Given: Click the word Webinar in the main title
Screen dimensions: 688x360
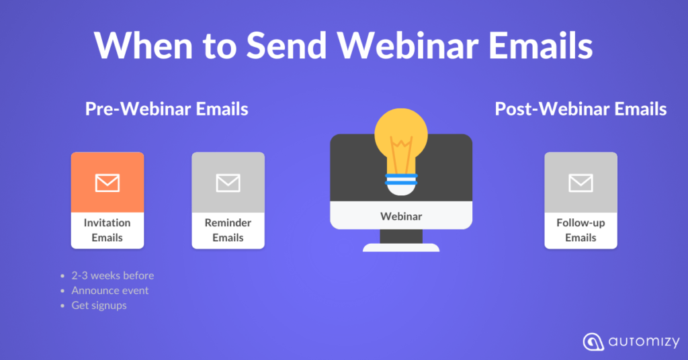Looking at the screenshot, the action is point(408,45).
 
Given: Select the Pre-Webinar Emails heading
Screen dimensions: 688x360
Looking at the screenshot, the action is point(167,109).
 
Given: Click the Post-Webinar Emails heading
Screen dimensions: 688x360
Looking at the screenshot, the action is point(580,109).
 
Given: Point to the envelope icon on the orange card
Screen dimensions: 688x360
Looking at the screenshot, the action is point(107,183).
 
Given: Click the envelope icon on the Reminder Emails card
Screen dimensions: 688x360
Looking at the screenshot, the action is point(228,183).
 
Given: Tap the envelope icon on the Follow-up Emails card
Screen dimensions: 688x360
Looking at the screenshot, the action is point(581,183).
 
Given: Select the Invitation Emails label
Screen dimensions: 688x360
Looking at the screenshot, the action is point(107,230).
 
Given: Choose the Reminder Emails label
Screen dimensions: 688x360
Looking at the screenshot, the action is point(228,230).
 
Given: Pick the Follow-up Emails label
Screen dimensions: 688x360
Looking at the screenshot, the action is point(581,230).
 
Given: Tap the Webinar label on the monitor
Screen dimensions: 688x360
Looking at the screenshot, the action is point(401,216).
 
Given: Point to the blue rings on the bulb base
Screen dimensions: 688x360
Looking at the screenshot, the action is point(401,179).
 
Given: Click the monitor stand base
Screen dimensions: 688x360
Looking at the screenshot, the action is point(401,248).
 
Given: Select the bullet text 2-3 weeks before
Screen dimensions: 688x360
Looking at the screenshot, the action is point(113,275).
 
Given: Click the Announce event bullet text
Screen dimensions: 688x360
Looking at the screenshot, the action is point(110,290).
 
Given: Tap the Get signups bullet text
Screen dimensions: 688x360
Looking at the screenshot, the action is point(99,306).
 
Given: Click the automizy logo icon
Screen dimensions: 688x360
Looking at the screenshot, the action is point(593,342).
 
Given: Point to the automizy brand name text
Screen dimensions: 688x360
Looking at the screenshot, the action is point(644,342).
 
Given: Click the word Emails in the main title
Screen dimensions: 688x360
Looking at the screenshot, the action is point(541,45).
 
